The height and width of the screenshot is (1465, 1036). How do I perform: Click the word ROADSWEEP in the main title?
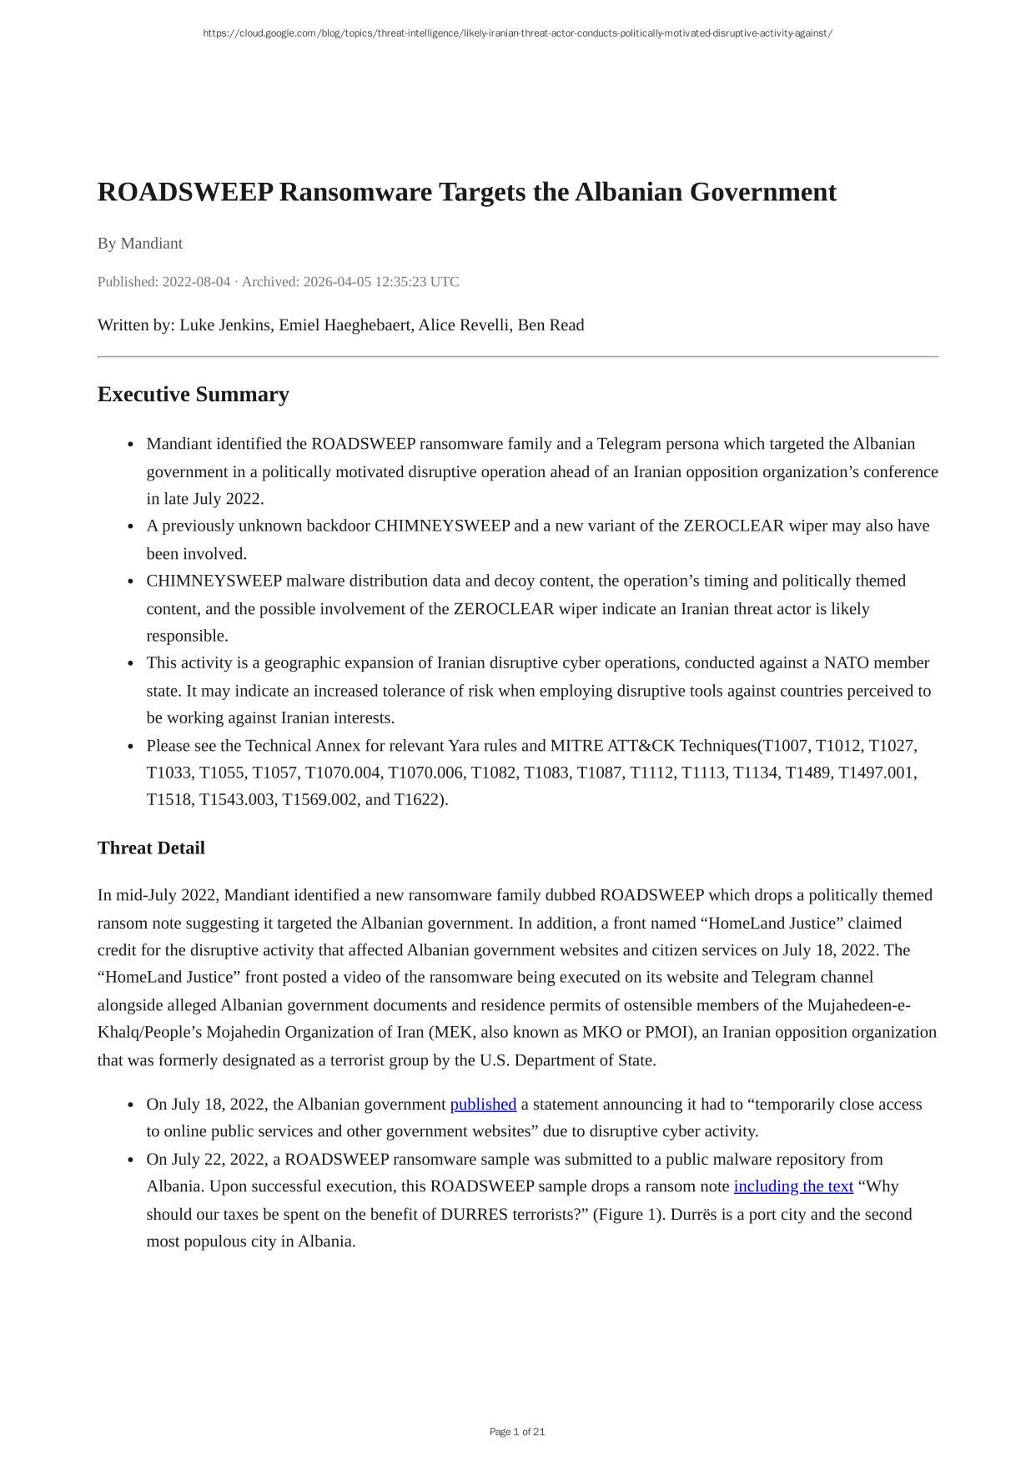point(185,193)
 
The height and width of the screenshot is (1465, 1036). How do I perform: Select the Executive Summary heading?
point(193,395)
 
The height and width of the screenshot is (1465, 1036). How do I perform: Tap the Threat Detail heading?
point(151,848)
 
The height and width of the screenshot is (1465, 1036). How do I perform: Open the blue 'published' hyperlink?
point(483,1105)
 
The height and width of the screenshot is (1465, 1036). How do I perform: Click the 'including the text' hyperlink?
point(793,1186)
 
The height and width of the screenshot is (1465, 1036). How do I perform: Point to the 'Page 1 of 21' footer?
point(517,1432)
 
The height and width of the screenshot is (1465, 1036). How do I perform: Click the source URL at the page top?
point(517,33)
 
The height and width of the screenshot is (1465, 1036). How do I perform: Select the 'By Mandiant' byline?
point(140,244)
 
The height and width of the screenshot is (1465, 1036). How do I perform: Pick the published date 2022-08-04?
point(196,282)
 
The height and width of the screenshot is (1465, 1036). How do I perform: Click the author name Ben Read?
point(551,325)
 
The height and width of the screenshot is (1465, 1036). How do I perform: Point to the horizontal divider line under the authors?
point(517,357)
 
